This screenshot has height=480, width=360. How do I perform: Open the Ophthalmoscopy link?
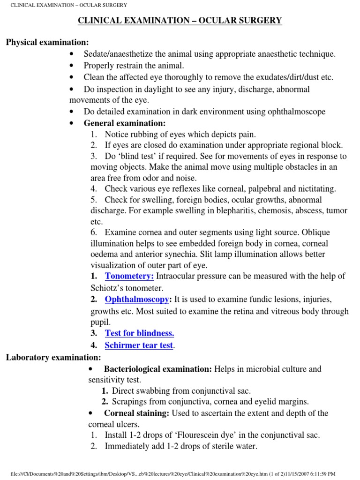click(136, 300)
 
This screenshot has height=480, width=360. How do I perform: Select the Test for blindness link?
click(139, 333)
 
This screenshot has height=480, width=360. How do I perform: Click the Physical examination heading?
click(47, 43)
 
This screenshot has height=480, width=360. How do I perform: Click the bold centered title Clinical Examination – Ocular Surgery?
click(180, 21)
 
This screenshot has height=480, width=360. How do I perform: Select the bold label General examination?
click(124, 123)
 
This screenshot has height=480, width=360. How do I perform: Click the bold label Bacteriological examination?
click(158, 369)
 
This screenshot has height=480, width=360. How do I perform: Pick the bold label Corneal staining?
click(137, 413)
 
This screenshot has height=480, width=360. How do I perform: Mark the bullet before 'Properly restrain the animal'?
click(71, 66)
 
